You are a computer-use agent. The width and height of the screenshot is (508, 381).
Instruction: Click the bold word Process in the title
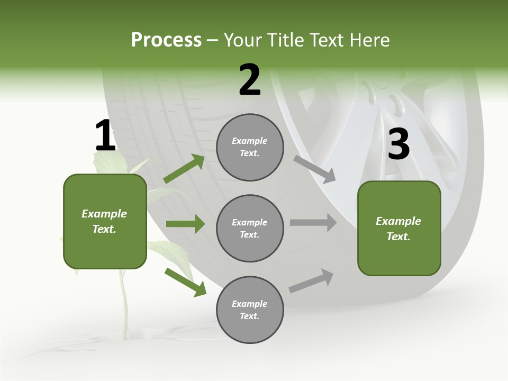click(x=166, y=40)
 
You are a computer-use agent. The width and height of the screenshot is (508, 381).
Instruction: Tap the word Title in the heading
click(x=286, y=40)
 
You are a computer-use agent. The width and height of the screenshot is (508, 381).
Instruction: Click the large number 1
click(x=105, y=136)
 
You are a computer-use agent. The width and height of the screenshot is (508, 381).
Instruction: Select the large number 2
click(x=250, y=80)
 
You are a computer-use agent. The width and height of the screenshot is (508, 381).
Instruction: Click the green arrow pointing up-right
click(x=184, y=169)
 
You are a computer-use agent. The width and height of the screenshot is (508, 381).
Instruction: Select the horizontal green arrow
click(x=185, y=224)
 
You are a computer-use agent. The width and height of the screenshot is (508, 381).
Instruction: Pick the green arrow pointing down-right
click(x=185, y=282)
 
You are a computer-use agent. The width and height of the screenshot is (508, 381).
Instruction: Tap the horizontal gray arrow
click(x=313, y=223)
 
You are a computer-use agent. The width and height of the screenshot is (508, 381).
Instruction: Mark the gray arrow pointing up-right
click(x=311, y=281)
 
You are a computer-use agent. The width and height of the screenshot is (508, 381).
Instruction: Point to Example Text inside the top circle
click(x=250, y=147)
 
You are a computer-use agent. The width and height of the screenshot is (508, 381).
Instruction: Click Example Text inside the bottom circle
click(x=250, y=310)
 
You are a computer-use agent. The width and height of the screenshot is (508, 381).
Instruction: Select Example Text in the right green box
click(x=399, y=229)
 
